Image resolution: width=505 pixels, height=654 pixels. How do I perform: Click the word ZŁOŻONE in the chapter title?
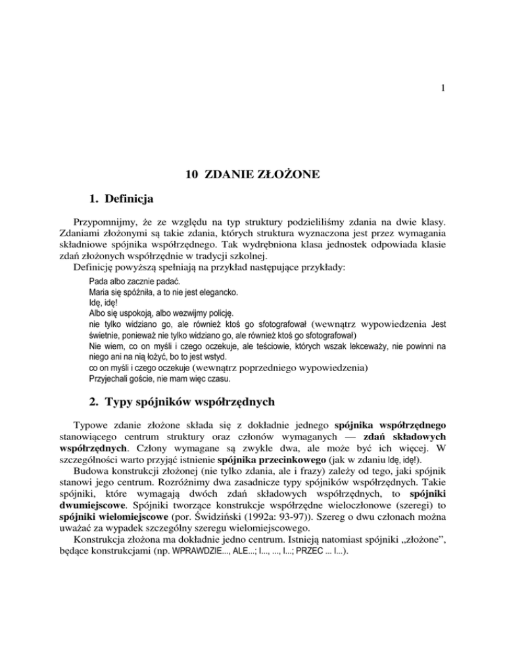point(287,175)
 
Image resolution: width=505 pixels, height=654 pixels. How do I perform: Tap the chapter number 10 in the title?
point(192,175)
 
